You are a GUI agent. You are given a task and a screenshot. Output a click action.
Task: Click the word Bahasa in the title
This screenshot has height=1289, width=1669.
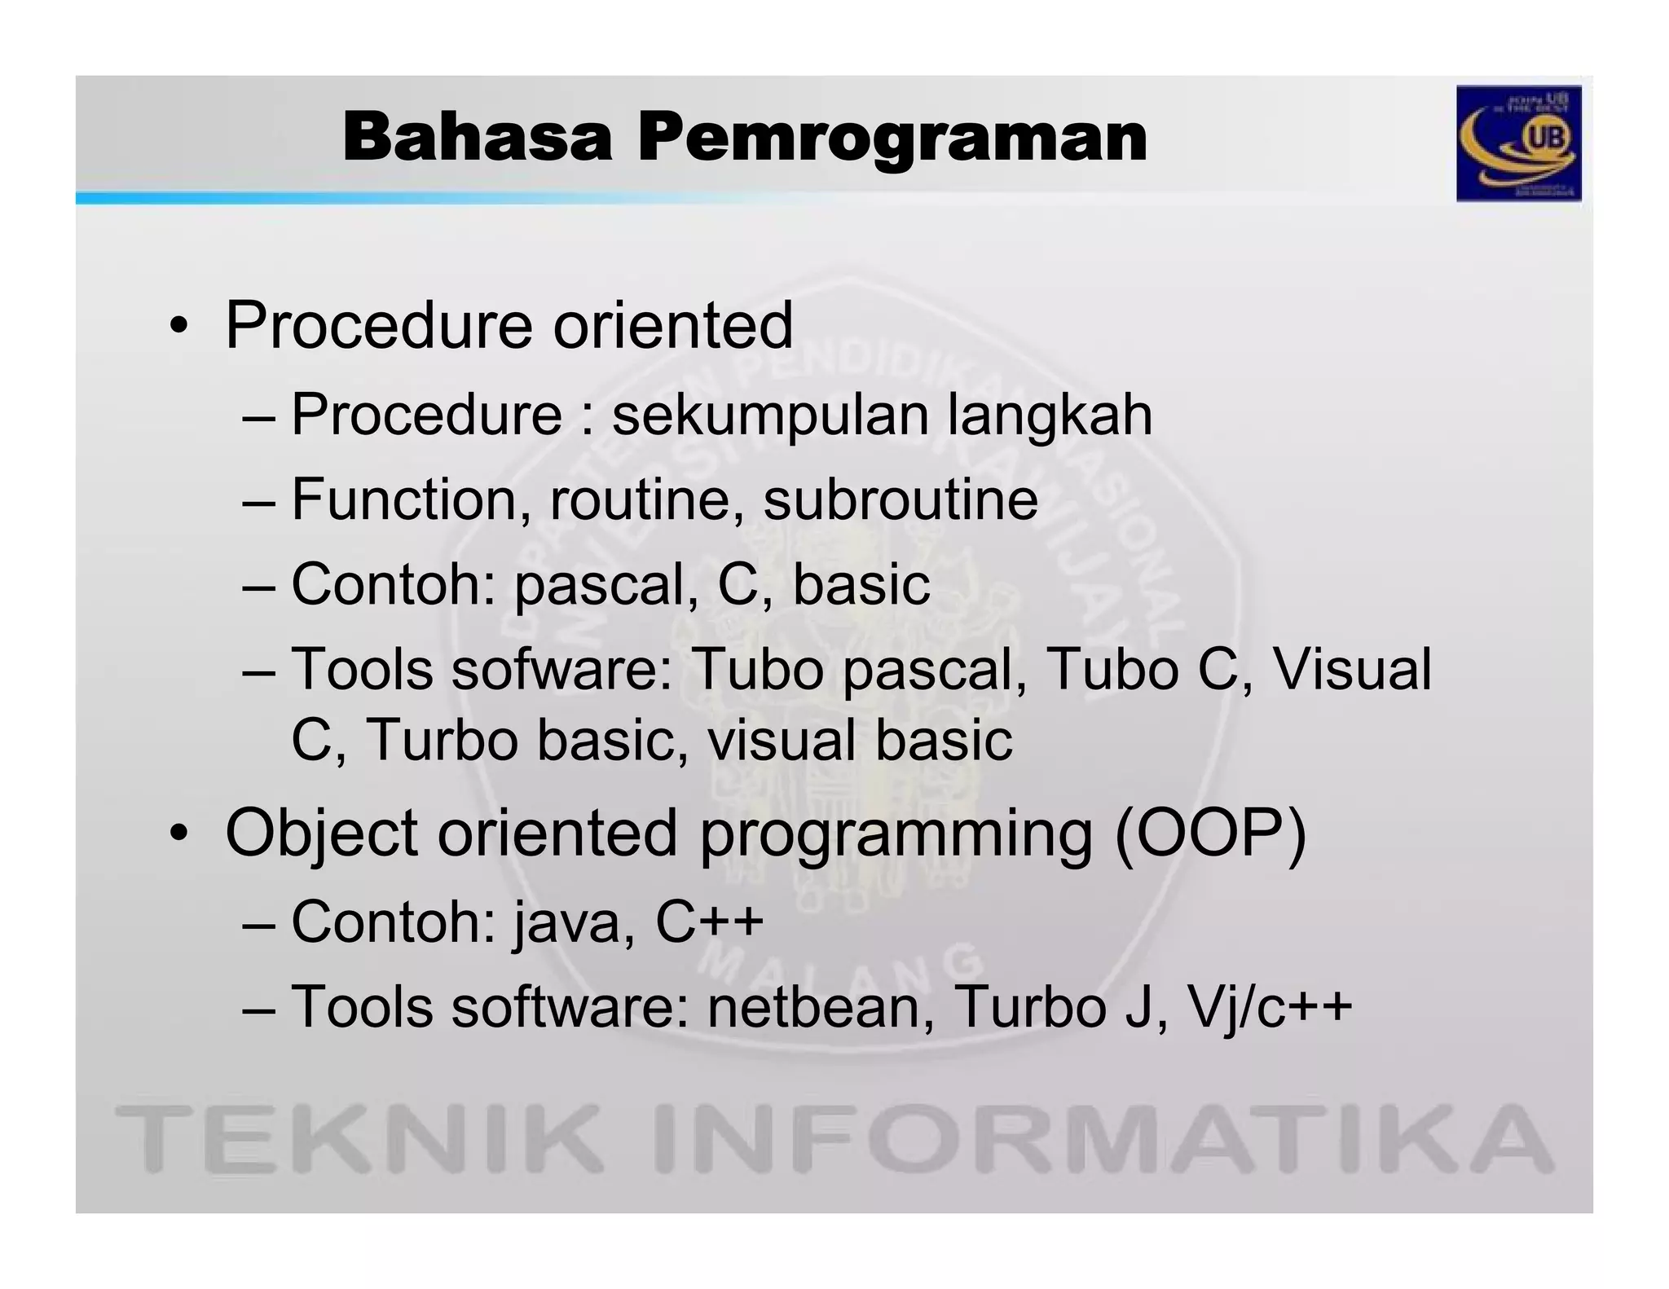(477, 138)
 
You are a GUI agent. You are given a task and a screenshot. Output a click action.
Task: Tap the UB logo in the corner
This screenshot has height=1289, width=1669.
(1518, 143)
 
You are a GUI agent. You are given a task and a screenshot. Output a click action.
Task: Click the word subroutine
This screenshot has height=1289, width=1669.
(900, 499)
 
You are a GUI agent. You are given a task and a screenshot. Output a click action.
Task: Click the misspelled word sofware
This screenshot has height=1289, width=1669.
(561, 670)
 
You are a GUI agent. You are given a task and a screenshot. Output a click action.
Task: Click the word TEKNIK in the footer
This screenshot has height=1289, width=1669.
(359, 1138)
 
